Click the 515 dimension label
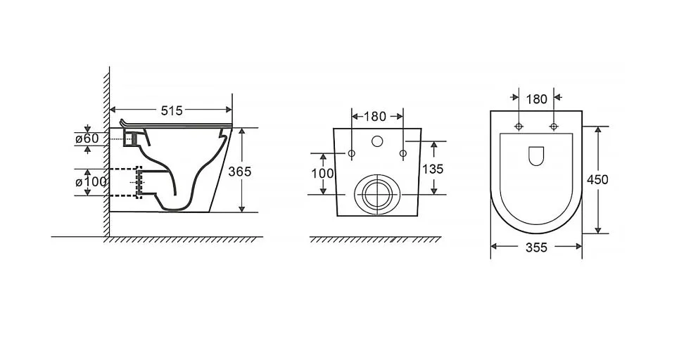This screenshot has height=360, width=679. click(172, 111)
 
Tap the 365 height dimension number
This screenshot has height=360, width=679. click(240, 172)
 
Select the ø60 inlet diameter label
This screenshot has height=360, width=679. click(87, 139)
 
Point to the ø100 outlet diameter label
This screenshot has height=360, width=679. click(91, 181)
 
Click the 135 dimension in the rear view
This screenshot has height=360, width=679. click(433, 169)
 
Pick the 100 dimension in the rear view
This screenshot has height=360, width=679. click(322, 174)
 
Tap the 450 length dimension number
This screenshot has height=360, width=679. click(597, 179)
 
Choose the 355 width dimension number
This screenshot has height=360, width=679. click(537, 247)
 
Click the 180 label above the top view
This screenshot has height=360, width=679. click(537, 100)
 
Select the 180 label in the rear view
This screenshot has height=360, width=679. click(374, 117)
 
